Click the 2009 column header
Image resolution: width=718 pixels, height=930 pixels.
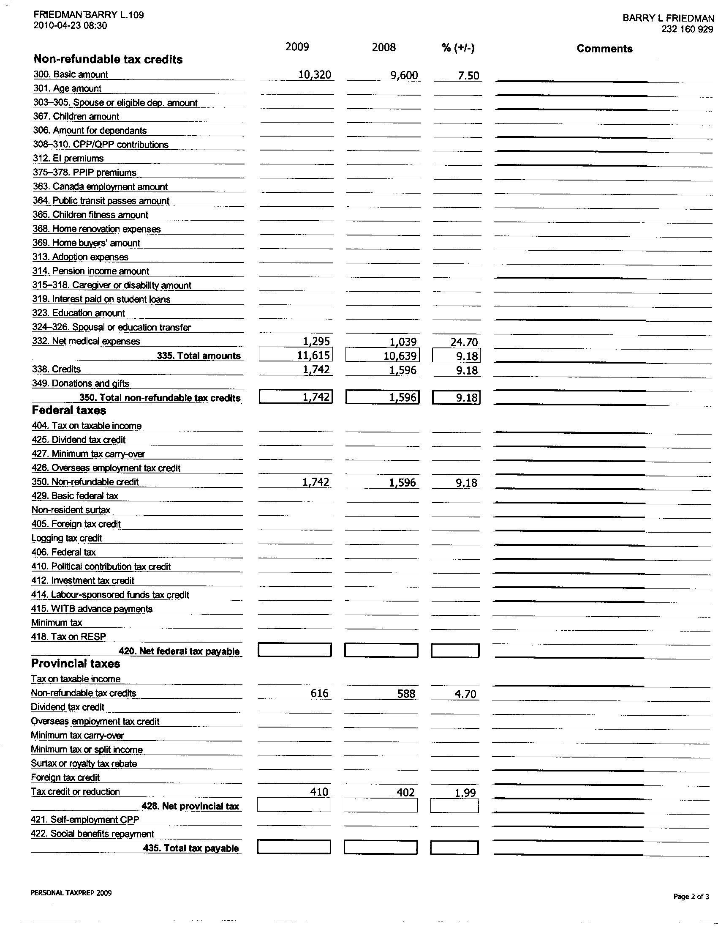[x=297, y=46]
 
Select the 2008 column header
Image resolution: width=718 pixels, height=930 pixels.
[x=383, y=47]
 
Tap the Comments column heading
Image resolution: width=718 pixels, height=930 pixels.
[x=604, y=49]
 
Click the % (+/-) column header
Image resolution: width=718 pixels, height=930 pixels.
[x=458, y=48]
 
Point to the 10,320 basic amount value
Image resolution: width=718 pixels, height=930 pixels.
[x=314, y=75]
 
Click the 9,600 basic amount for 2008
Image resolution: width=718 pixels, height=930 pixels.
[x=404, y=75]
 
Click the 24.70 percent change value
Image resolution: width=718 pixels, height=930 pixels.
[x=464, y=342]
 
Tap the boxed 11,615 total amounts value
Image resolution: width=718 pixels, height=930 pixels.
[x=314, y=355]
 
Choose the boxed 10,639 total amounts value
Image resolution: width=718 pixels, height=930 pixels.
[x=400, y=356]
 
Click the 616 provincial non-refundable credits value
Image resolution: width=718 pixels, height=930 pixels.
[x=319, y=693]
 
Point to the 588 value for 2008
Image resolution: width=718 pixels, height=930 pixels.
[x=406, y=694]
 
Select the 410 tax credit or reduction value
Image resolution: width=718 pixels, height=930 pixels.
[x=319, y=792]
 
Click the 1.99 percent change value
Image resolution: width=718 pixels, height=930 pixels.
[x=465, y=793]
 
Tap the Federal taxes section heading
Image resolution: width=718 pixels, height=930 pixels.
[x=69, y=410]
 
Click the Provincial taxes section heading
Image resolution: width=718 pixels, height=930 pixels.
[x=75, y=664]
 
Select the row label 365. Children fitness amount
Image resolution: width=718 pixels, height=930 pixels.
[x=90, y=215]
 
